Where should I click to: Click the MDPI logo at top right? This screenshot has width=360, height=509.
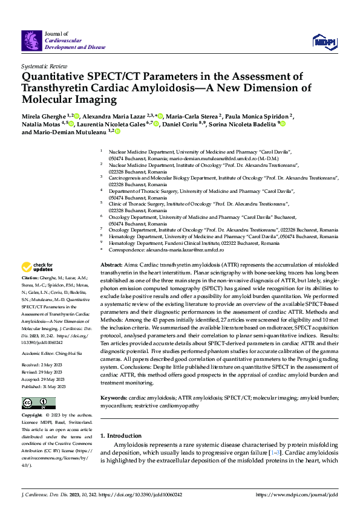click(x=324, y=41)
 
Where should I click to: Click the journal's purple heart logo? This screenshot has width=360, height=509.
click(x=31, y=41)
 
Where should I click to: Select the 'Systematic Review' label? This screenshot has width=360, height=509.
click(x=44, y=65)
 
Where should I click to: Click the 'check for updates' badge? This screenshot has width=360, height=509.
click(x=38, y=267)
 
